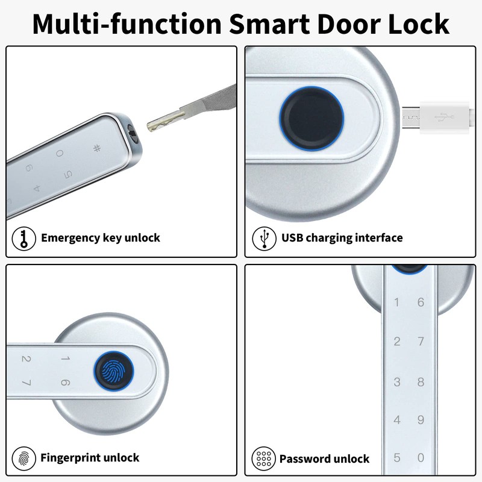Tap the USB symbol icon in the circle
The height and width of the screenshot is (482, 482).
[x=263, y=237]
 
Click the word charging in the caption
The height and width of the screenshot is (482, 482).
[x=331, y=237]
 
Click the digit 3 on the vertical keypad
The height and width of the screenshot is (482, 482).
[x=396, y=382]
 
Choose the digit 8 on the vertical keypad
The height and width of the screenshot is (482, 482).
[x=421, y=382]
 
